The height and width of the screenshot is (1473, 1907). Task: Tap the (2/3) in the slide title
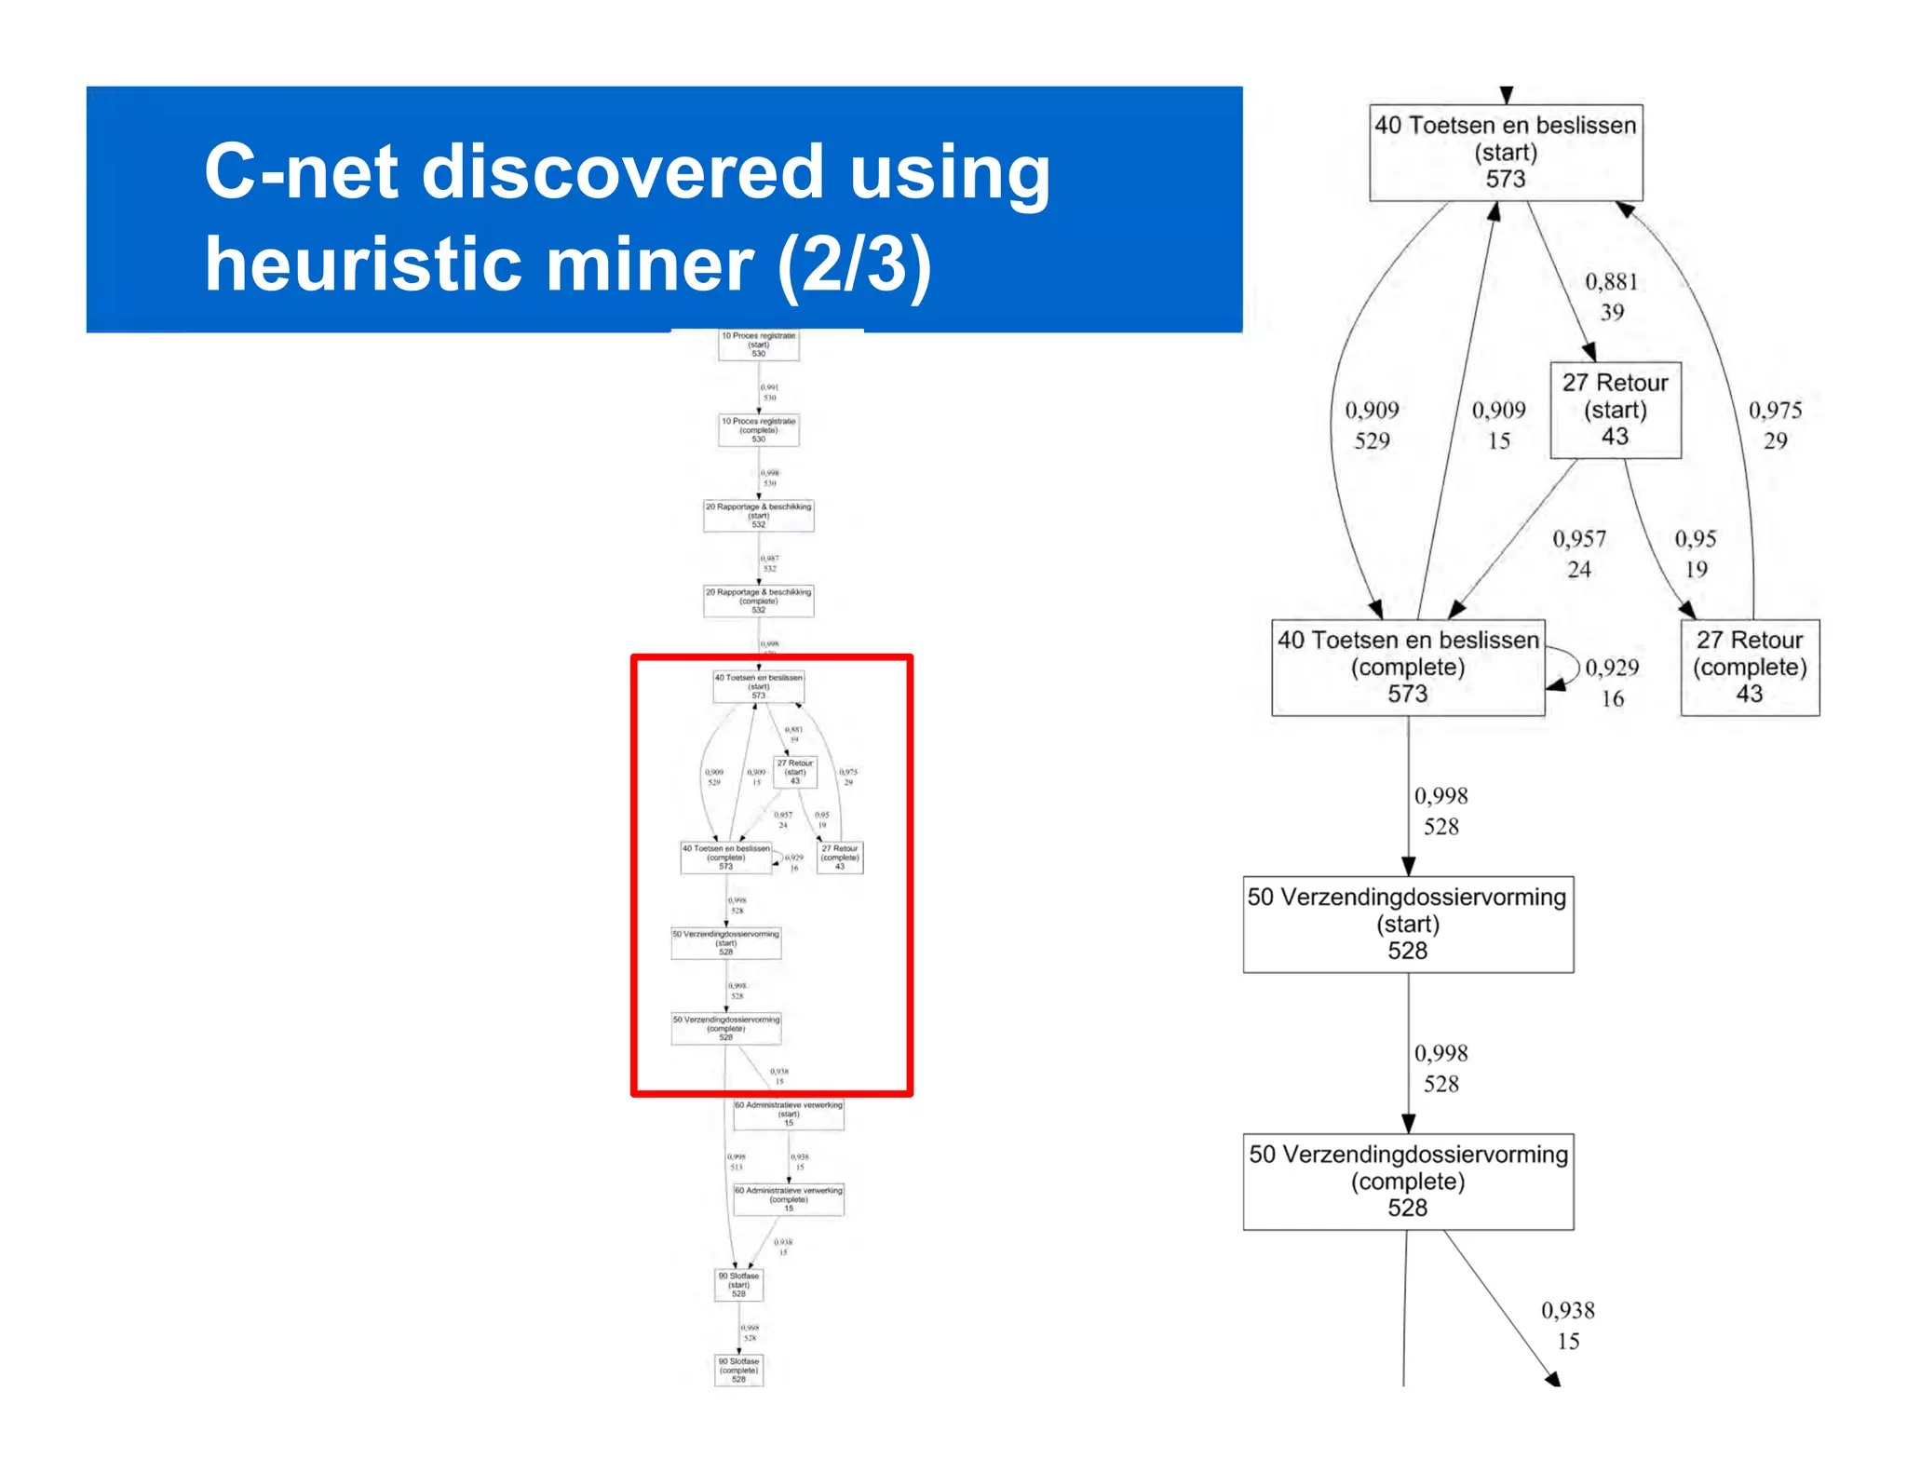854,266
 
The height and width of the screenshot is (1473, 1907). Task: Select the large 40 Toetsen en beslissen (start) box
1505,153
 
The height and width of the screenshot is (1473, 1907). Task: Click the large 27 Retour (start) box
1615,410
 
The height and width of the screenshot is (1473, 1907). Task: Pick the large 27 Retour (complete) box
1749,668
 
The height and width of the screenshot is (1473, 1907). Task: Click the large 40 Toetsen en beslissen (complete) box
1407,668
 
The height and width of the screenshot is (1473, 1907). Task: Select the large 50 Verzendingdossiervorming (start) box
1407,925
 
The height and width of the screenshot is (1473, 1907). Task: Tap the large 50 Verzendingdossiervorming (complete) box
1407,1182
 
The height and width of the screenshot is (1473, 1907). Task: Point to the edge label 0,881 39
1611,297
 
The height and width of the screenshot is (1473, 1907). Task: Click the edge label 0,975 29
1775,426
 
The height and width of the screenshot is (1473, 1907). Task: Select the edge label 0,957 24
1578,554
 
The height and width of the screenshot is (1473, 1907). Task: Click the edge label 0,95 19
1695,554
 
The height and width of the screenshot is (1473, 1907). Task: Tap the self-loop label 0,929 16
1612,682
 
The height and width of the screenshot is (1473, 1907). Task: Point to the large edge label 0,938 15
1567,1326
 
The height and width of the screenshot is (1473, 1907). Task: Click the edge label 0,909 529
1372,426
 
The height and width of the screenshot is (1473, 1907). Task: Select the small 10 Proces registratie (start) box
758,345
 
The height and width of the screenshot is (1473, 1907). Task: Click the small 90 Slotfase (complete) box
738,1370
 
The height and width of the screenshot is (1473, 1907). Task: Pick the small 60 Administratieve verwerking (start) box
788,1114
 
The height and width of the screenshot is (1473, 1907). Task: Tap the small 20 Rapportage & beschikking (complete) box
758,601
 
